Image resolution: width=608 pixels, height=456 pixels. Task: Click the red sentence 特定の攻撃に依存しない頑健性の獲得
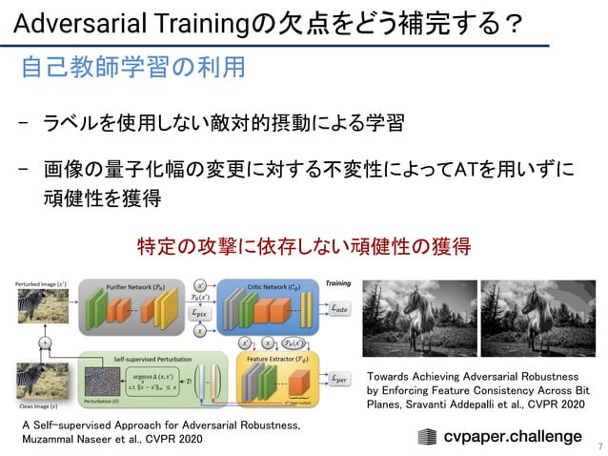[304, 246]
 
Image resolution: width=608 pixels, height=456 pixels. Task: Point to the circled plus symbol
[45, 342]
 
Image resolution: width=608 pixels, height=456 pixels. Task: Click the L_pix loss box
[200, 311]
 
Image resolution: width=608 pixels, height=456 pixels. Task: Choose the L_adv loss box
[338, 308]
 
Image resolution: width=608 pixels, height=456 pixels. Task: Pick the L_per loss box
[338, 380]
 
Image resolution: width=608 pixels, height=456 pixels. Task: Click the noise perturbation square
[101, 389]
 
